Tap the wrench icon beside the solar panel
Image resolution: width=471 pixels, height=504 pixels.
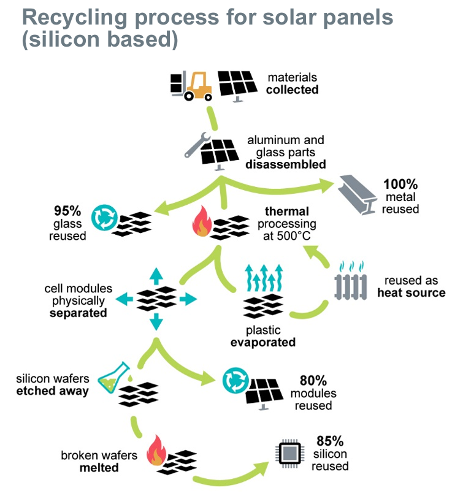click(196, 145)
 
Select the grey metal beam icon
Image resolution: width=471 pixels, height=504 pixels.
click(357, 194)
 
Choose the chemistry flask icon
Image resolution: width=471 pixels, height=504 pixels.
click(113, 377)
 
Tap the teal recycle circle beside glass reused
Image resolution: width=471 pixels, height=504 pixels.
click(104, 217)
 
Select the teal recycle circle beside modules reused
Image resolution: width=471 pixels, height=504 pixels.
click(235, 380)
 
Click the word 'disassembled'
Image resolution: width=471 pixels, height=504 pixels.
click(286, 164)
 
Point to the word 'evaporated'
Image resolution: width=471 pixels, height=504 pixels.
click(263, 342)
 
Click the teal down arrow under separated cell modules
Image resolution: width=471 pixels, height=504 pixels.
click(156, 322)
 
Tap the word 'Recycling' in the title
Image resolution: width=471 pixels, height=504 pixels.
click(75, 18)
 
